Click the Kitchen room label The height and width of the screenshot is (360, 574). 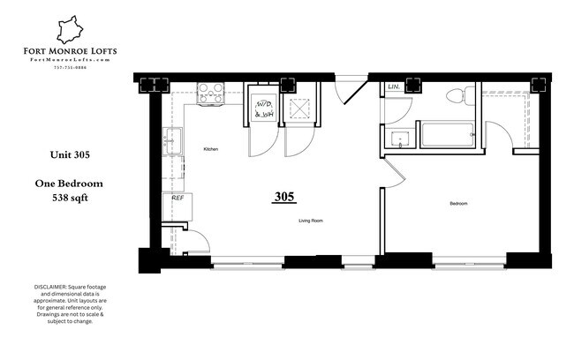[x=210, y=150]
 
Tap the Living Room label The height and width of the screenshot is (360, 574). [x=311, y=221]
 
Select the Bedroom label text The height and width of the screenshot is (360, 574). [x=458, y=204]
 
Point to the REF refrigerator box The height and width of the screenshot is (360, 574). [x=177, y=199]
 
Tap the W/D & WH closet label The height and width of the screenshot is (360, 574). [x=262, y=109]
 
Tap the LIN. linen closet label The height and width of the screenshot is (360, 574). [x=393, y=88]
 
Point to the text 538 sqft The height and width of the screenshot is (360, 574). [x=71, y=198]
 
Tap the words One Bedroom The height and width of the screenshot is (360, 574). [x=71, y=184]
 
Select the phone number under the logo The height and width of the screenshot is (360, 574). [x=69, y=67]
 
